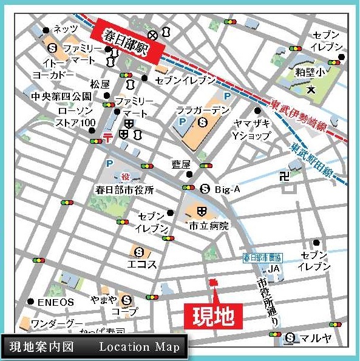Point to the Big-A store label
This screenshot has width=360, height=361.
[x=229, y=190]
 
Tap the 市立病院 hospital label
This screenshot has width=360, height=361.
[x=208, y=226]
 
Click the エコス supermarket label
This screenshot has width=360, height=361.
[x=143, y=265]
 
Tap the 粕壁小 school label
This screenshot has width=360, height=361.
[x=310, y=73]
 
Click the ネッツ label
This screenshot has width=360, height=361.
[x=66, y=29]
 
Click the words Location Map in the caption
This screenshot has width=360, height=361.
[x=139, y=348]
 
